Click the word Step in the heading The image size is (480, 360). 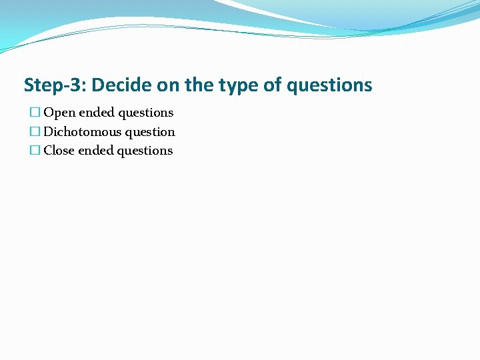pyautogui.click(x=41, y=85)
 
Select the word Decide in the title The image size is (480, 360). pyautogui.click(x=121, y=85)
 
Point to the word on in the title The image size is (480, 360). pyautogui.click(x=167, y=85)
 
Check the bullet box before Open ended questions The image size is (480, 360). pyautogui.click(x=35, y=113)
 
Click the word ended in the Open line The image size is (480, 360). pyautogui.click(x=97, y=113)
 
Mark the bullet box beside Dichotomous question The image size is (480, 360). pyautogui.click(x=35, y=132)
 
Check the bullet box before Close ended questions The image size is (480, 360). pyautogui.click(x=35, y=151)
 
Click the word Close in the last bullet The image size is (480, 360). pyautogui.click(x=59, y=151)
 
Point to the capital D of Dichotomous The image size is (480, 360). pyautogui.click(x=48, y=132)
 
